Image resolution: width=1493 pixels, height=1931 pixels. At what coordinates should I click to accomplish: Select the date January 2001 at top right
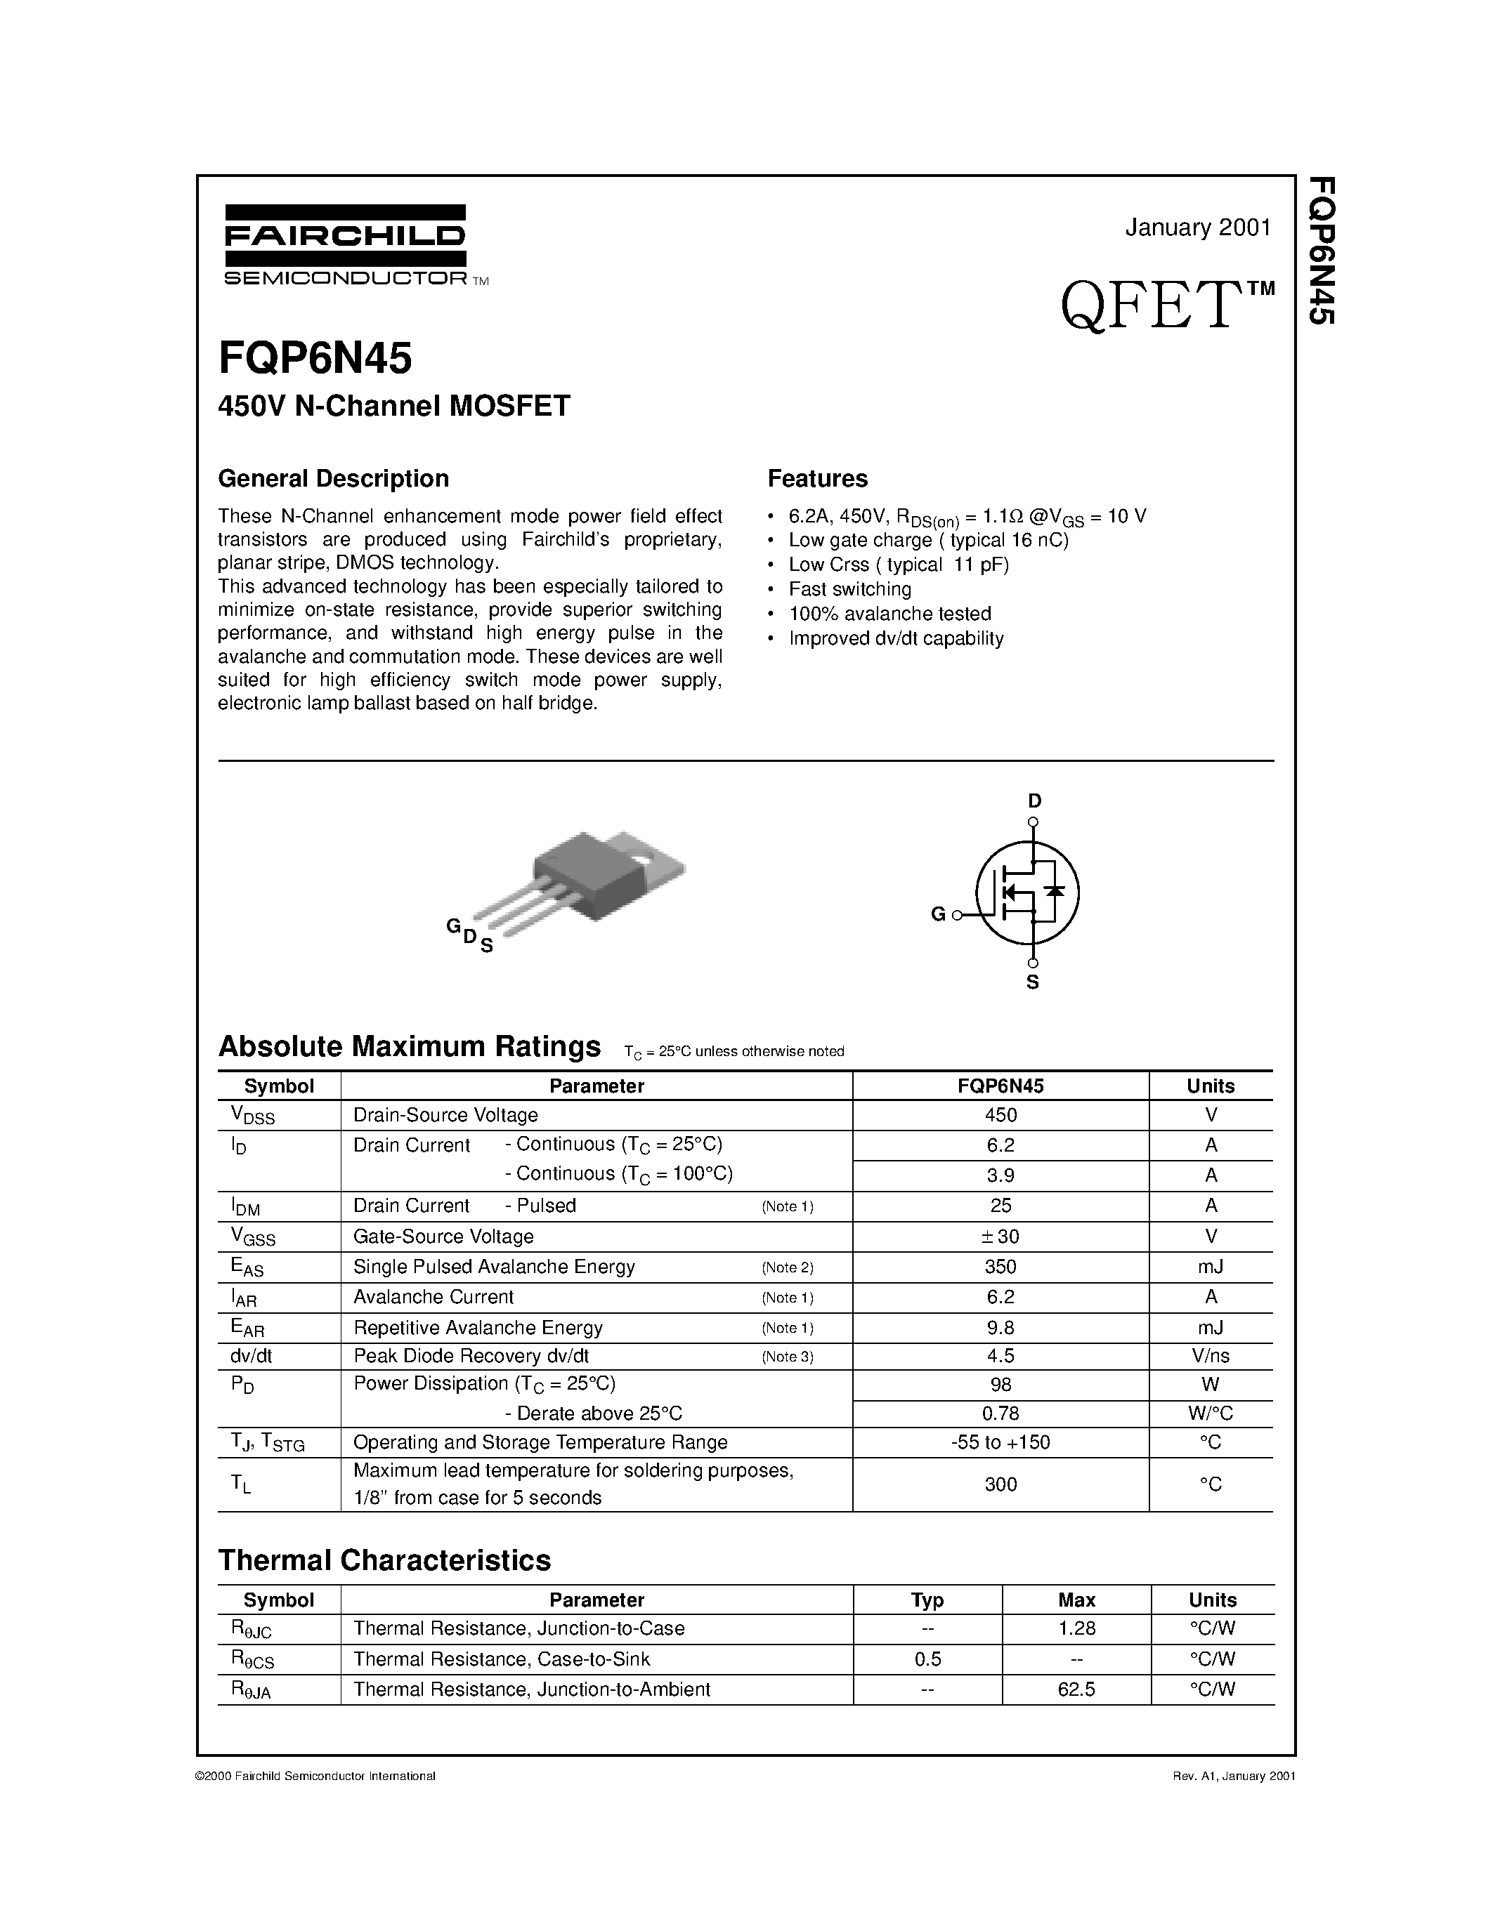(1198, 228)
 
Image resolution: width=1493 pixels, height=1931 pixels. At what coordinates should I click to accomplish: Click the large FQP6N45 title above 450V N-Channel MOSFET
(315, 359)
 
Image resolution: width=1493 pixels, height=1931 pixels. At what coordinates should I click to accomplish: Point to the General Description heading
(334, 478)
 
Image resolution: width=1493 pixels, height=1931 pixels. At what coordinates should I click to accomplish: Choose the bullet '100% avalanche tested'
(889, 614)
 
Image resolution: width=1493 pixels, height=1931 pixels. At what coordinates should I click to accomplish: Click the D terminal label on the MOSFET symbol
(1034, 801)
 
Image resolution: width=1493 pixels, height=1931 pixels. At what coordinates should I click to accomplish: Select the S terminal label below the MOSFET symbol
(1032, 982)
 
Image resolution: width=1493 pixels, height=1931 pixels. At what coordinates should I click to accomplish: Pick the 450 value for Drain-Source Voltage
(1000, 1115)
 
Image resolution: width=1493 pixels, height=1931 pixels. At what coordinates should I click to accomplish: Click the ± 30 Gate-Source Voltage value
(1000, 1236)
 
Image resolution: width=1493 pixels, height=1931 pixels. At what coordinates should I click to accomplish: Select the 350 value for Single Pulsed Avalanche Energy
(1000, 1266)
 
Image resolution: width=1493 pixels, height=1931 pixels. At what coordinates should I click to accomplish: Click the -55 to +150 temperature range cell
(1000, 1442)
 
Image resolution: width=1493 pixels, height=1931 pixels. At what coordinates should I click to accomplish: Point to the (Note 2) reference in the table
(787, 1267)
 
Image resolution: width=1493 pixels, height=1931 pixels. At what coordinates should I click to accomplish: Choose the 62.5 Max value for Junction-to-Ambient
(1076, 1689)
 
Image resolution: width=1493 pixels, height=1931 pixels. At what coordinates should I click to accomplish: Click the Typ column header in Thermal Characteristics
(927, 1600)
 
